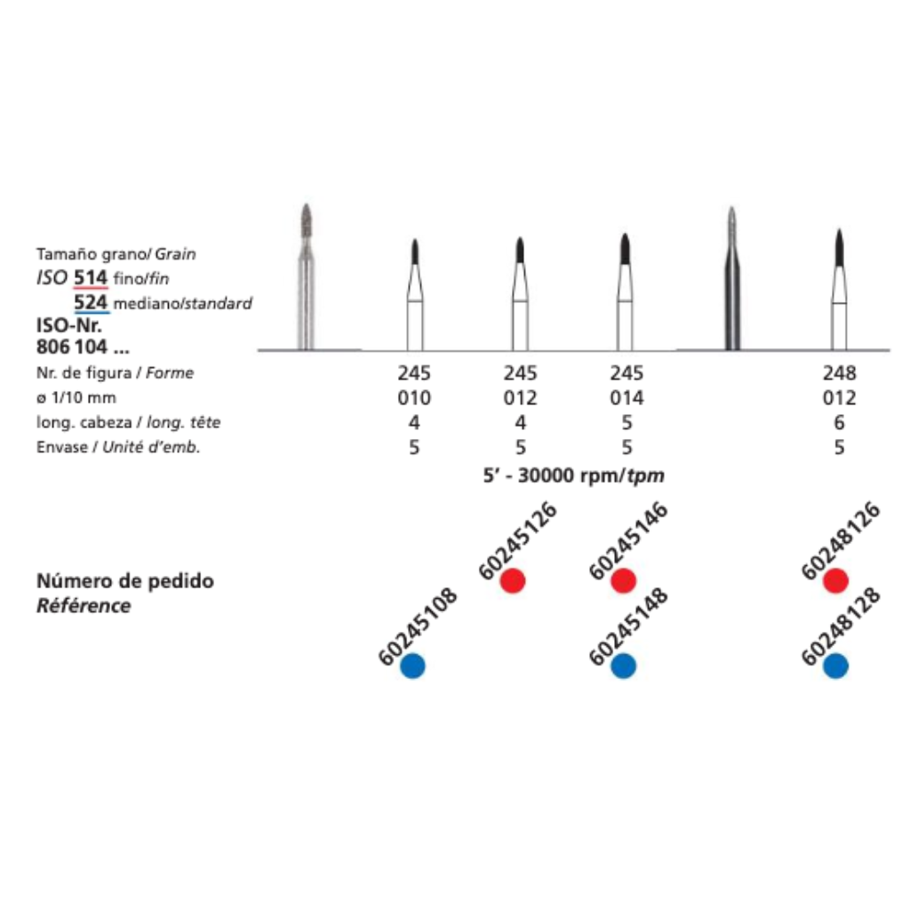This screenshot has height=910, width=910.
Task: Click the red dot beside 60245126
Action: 513,581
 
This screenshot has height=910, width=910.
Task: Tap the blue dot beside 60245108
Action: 412,666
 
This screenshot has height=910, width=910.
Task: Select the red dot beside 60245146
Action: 624,581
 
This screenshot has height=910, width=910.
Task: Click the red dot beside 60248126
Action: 835,581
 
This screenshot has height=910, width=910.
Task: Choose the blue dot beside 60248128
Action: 835,666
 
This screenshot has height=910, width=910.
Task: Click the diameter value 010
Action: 414,397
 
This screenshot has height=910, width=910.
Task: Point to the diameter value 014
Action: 626,397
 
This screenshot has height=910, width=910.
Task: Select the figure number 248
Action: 839,373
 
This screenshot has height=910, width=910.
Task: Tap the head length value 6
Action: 839,422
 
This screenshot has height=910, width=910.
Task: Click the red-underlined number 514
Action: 91,277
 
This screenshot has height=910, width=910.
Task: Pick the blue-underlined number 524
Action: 91,302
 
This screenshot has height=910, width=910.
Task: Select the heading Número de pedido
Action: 125,581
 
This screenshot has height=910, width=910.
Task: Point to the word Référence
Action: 84,606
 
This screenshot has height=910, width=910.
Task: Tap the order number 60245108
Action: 418,627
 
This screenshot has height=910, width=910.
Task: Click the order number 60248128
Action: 841,627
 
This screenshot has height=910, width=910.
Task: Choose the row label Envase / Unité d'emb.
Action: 118,447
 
